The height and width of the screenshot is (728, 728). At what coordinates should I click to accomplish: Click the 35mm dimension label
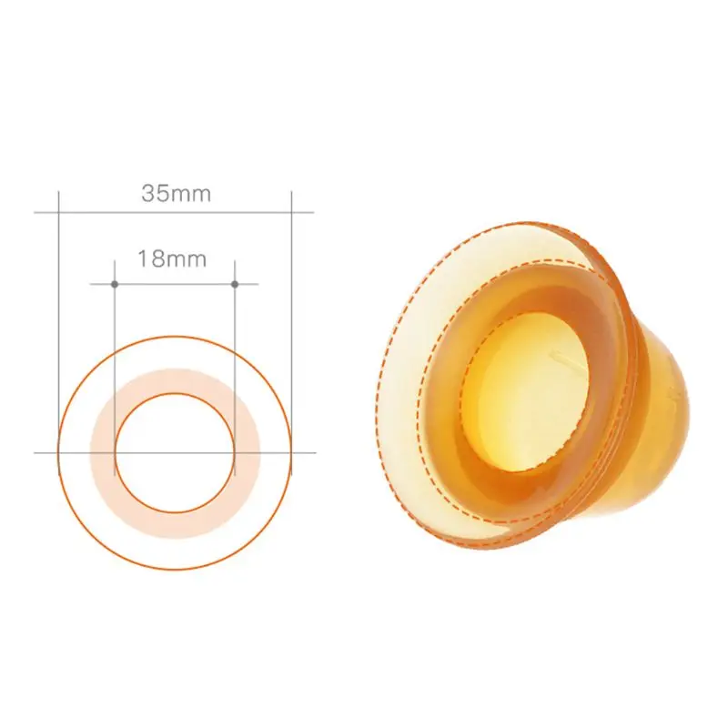176,193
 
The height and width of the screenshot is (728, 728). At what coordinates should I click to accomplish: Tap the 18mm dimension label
172,258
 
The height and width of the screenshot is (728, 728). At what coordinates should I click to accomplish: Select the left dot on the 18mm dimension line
115,285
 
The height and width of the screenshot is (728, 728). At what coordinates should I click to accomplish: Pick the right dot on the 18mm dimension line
235,285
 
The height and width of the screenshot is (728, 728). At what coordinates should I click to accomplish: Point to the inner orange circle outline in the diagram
175,393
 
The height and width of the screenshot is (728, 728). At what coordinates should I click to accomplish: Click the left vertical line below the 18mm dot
115,364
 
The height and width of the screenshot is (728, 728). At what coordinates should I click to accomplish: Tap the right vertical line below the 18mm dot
235,364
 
